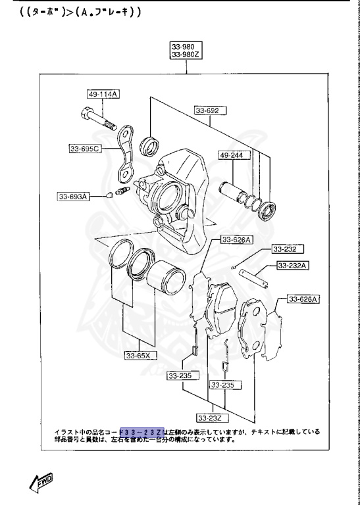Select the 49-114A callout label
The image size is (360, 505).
point(103,95)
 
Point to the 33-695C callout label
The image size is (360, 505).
point(85,149)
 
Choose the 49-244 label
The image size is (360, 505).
point(232,156)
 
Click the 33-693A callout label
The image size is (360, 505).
point(72,196)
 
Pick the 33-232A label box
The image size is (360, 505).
point(294,266)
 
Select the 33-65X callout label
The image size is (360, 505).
point(140,356)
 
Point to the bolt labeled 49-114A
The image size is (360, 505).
point(99,120)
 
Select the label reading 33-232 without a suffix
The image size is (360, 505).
point(285,249)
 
